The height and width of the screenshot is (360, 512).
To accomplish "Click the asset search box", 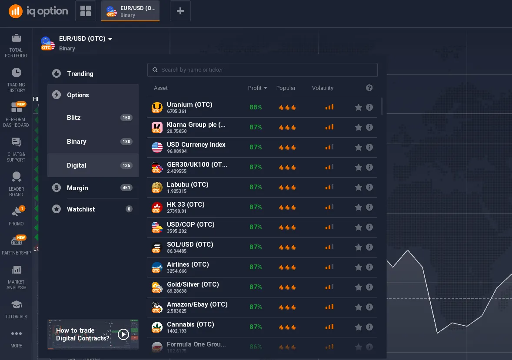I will pyautogui.click(x=262, y=69).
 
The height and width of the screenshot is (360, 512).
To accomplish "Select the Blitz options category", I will pyautogui.click(x=74, y=118).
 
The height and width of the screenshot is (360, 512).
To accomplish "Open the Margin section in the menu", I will pyautogui.click(x=77, y=188).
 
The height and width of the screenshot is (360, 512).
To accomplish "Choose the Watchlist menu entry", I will pyautogui.click(x=81, y=209).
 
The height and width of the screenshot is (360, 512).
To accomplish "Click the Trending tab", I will pyautogui.click(x=80, y=74).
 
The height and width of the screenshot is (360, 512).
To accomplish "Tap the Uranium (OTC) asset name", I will pyautogui.click(x=190, y=105).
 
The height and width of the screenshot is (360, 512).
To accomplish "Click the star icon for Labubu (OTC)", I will pyautogui.click(x=359, y=187).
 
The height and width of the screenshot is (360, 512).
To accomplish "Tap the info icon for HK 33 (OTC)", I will pyautogui.click(x=369, y=207).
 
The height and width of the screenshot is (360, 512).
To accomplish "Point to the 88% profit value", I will pyautogui.click(x=256, y=107).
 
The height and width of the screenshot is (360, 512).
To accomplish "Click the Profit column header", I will pyautogui.click(x=257, y=88).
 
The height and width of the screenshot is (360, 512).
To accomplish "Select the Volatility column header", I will pyautogui.click(x=322, y=88).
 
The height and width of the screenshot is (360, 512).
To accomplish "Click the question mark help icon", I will pyautogui.click(x=369, y=88).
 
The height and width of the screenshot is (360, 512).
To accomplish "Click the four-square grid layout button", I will pyautogui.click(x=86, y=11).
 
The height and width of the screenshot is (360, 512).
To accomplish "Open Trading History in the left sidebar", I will pyautogui.click(x=16, y=80).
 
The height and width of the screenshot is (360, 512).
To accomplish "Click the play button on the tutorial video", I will pyautogui.click(x=123, y=334).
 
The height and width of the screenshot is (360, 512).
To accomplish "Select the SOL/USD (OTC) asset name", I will pyautogui.click(x=190, y=244).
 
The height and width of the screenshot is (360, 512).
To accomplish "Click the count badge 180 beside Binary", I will pyautogui.click(x=126, y=142).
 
